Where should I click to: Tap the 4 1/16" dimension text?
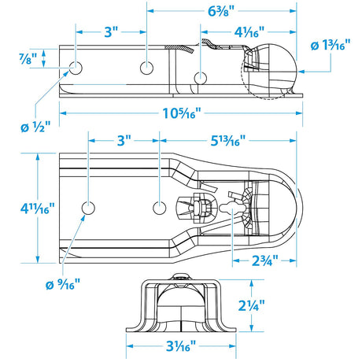coord(249,34)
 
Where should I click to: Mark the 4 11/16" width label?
coord(18,209)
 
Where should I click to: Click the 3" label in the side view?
coord(110,32)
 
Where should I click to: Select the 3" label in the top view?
coord(123,142)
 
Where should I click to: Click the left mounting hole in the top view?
coord(88,209)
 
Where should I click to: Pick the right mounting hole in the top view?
coord(158,209)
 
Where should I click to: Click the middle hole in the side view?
coord(146,68)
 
